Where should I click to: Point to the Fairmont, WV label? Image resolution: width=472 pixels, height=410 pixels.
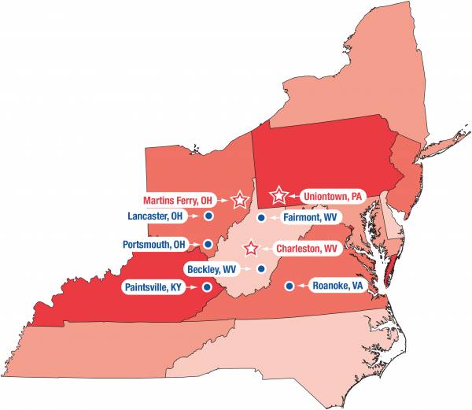309,216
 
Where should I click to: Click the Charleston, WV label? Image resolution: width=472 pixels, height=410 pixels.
307,248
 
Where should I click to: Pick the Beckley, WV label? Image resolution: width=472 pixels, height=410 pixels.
212,269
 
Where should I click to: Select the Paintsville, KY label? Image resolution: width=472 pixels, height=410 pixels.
154,287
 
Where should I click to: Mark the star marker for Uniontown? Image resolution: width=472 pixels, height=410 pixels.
278,195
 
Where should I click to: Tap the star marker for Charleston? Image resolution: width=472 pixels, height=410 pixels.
251,248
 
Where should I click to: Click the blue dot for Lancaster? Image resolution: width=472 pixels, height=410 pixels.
208,215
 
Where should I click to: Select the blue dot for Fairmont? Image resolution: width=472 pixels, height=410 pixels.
260,216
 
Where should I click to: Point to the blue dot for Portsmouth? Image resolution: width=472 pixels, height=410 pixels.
208,244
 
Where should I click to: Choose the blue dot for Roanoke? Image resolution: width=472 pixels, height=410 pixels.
289,285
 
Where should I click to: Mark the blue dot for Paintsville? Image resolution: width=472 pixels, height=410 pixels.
207,287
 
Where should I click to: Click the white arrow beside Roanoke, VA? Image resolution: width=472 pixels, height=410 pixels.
303,285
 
